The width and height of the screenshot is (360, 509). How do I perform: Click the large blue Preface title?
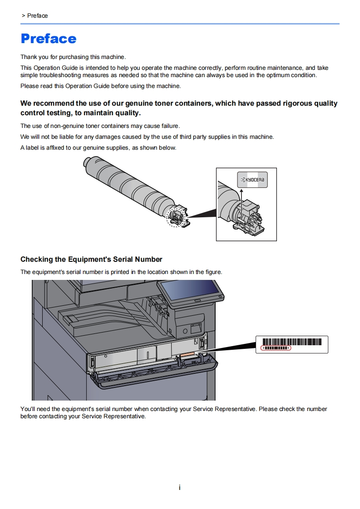49,39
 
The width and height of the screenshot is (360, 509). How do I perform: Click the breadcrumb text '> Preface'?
35,16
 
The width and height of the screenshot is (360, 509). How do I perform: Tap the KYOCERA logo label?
252,180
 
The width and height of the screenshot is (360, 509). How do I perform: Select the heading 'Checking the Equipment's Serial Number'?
91,259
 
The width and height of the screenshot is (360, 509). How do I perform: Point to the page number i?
180,488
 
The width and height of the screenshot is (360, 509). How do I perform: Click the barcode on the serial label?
292,342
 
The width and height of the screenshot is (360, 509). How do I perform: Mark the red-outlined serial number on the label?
276,348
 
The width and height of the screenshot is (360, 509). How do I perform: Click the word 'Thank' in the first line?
29,57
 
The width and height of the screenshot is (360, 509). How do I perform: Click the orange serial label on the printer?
187,354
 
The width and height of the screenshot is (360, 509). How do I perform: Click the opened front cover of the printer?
154,374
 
